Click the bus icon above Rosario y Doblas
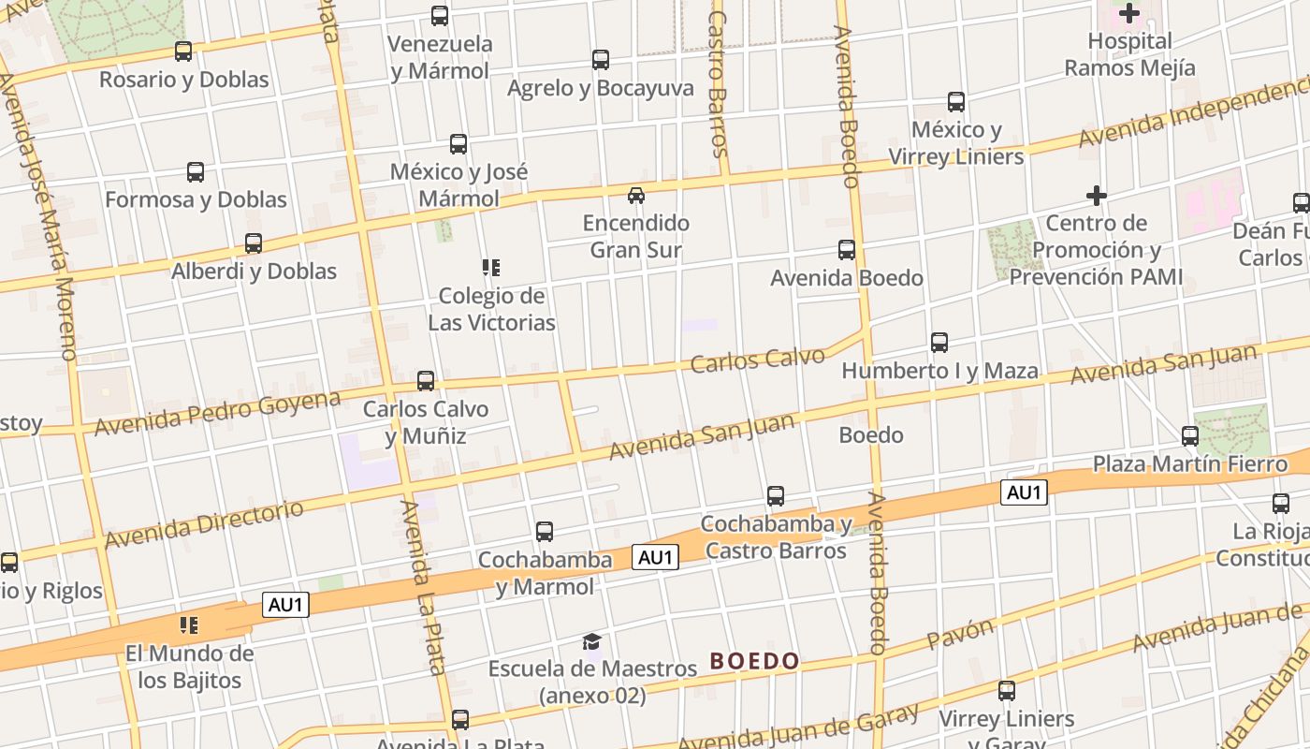183,51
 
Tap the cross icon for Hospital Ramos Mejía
1129,13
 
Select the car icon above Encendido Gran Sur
636,195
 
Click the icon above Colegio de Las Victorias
491,268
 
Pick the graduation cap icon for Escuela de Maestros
591,641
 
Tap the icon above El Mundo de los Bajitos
189,624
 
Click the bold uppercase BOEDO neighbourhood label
754,661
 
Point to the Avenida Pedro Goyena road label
217,412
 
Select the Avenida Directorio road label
204,524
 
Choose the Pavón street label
961,634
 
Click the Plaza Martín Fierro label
1190,464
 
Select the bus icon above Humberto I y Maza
939,343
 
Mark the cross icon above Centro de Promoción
1097,196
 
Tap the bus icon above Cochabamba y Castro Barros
776,496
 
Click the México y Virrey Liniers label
955,142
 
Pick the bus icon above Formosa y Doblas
196,172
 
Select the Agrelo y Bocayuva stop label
601,88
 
